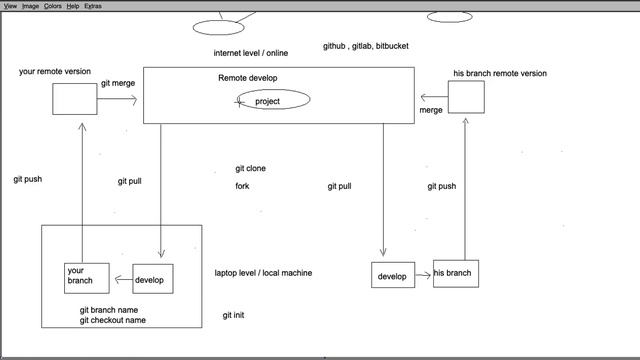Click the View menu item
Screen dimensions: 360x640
click(10, 6)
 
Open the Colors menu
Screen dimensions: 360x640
click(52, 6)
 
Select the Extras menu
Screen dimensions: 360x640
click(93, 6)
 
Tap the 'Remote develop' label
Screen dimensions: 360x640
click(248, 78)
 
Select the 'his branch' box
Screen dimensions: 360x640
click(455, 273)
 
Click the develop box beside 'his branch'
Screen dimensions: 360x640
click(392, 276)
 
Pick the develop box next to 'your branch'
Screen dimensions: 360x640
click(152, 279)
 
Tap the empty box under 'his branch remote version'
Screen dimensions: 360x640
click(466, 97)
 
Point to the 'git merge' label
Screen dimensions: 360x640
click(118, 85)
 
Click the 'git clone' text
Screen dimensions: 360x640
click(250, 169)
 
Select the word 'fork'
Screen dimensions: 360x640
click(242, 187)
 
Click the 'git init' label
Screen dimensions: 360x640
click(234, 316)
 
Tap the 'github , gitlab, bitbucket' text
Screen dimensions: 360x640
click(365, 46)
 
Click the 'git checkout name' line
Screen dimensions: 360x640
click(113, 321)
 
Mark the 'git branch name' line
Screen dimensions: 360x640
click(109, 310)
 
